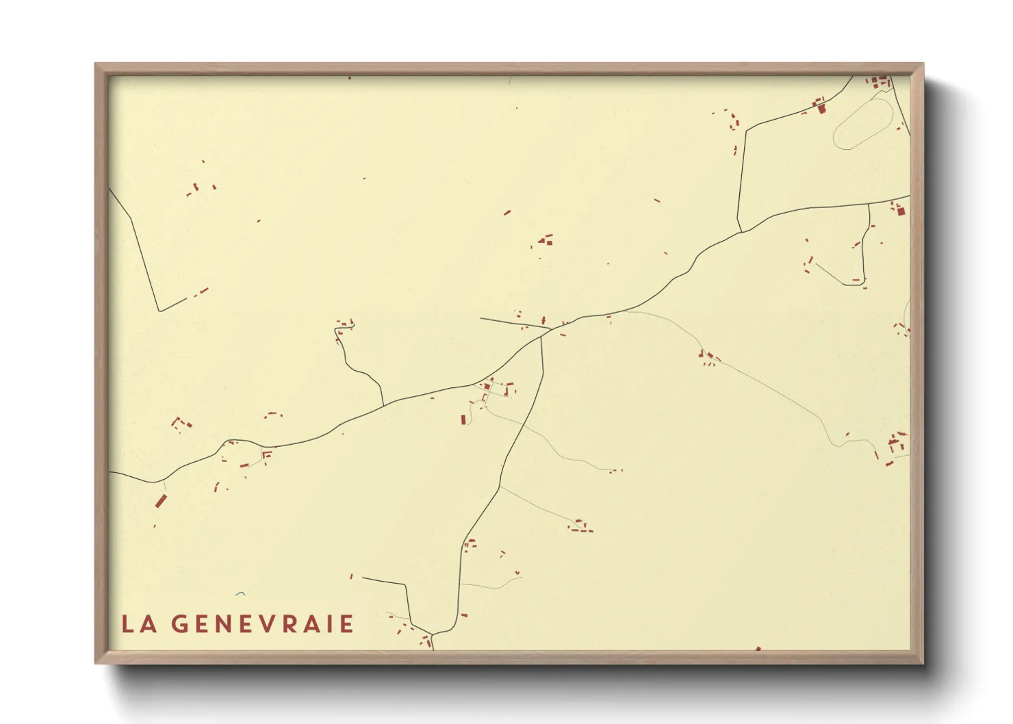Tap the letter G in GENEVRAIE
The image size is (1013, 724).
click(179, 624)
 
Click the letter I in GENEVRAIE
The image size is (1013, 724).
click(331, 624)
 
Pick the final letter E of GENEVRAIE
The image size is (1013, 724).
click(347, 624)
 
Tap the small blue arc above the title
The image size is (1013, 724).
click(240, 593)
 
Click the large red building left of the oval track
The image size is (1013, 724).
click(821, 107)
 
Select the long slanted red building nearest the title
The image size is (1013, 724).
click(161, 501)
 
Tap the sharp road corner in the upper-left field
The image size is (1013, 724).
click(159, 311)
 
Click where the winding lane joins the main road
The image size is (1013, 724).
click(383, 404)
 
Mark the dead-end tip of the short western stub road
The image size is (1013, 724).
click(480, 318)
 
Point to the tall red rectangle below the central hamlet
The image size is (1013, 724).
click(463, 419)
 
